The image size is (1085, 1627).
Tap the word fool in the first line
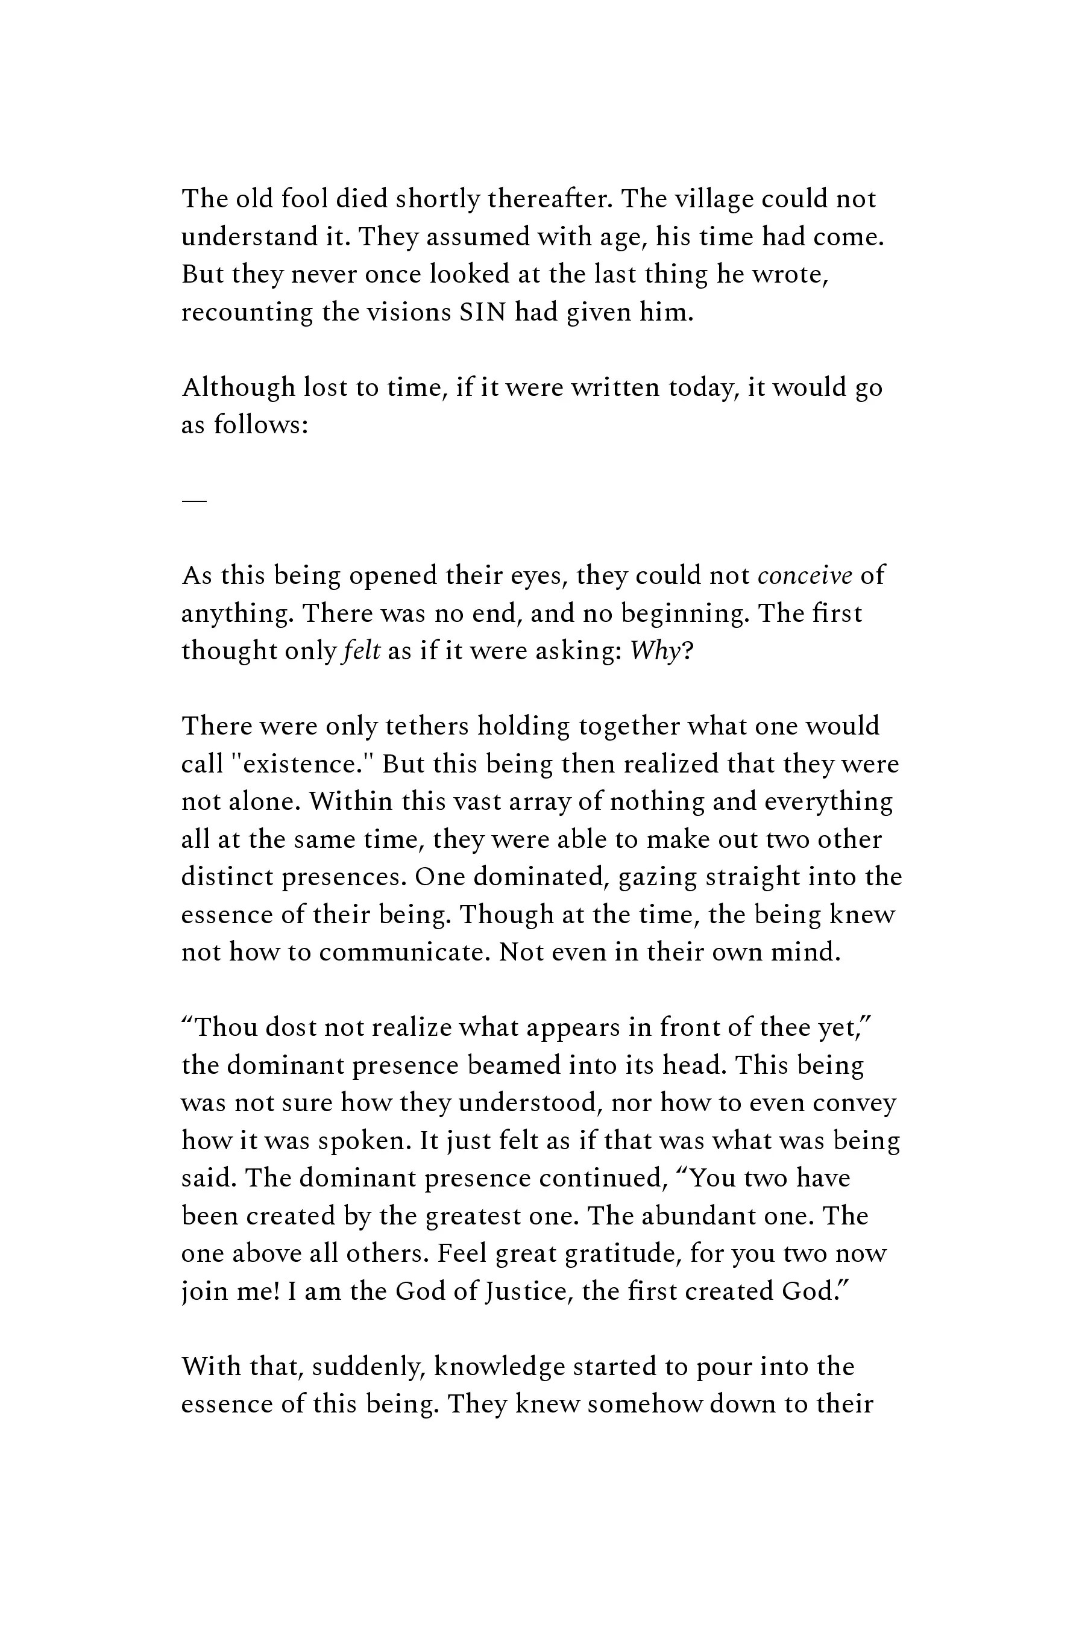click(304, 199)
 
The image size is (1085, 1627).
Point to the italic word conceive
click(805, 575)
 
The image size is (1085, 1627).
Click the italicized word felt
click(361, 651)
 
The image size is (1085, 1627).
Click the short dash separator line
click(193, 500)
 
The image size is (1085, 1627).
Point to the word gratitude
click(618, 1253)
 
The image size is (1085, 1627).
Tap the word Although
click(238, 387)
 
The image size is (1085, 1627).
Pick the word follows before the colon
click(256, 425)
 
